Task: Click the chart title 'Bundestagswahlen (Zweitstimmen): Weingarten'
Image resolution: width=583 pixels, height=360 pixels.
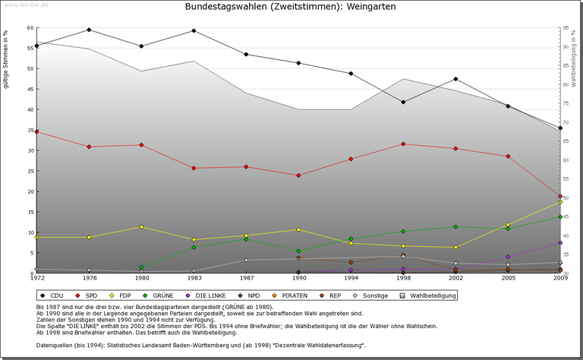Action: (291, 7)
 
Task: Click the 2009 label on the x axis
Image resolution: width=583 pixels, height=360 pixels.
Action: (560, 279)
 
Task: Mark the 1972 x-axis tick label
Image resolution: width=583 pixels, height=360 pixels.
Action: (36, 279)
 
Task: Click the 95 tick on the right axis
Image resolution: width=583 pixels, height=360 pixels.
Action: (567, 27)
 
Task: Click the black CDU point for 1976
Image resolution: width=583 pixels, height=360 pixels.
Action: (89, 30)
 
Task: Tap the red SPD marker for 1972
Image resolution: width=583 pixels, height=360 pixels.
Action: (36, 131)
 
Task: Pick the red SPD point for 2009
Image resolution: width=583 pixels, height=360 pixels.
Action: (560, 196)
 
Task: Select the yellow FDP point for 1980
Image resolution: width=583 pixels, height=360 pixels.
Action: (141, 227)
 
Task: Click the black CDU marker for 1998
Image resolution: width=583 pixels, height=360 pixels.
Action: (403, 102)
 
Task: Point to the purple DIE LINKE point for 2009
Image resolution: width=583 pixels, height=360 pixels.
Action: (560, 242)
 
